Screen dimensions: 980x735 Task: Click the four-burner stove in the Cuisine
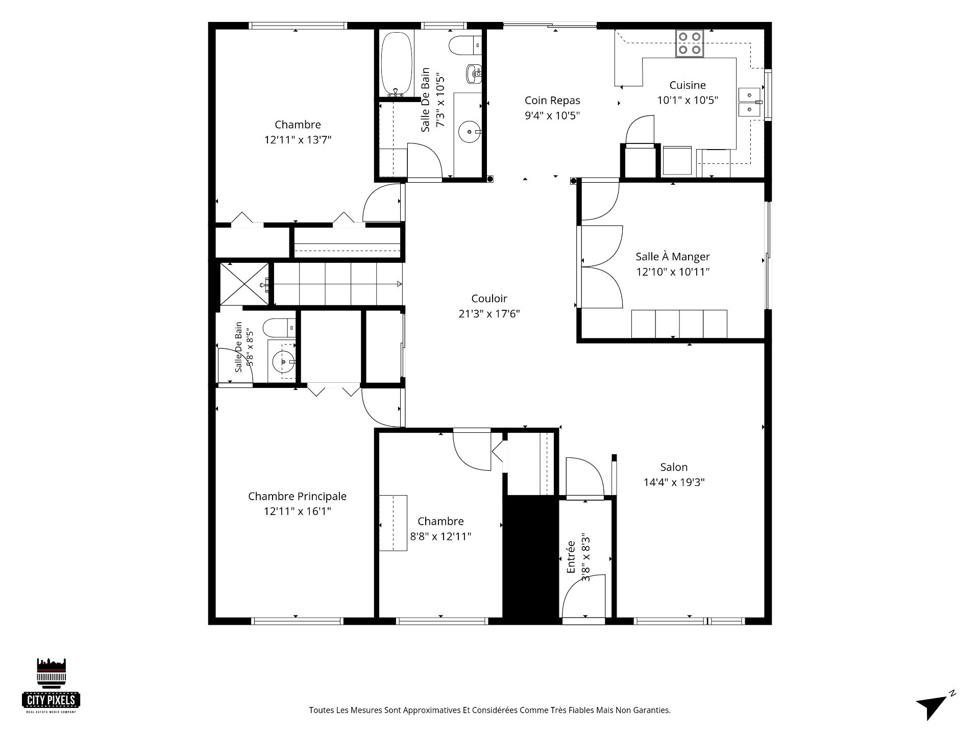(690, 43)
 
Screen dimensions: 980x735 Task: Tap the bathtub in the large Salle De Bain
(396, 64)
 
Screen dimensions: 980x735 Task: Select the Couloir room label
(489, 299)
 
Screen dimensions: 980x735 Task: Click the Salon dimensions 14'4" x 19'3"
(674, 482)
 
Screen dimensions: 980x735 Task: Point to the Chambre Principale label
(297, 496)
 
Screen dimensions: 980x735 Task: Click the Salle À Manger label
(673, 256)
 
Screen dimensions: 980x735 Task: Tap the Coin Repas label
(552, 101)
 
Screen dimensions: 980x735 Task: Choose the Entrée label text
(571, 557)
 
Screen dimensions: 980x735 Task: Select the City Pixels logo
(51, 684)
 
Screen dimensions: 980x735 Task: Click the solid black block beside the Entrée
(531, 558)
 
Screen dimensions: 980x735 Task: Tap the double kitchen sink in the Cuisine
(749, 103)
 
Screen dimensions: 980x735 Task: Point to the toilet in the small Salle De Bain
(280, 327)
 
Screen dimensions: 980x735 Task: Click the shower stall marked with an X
(244, 284)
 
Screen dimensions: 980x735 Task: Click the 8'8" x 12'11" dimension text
(440, 536)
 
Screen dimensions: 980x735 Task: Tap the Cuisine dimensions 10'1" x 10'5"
(688, 100)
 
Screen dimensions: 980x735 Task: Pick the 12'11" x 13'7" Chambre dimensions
(298, 140)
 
